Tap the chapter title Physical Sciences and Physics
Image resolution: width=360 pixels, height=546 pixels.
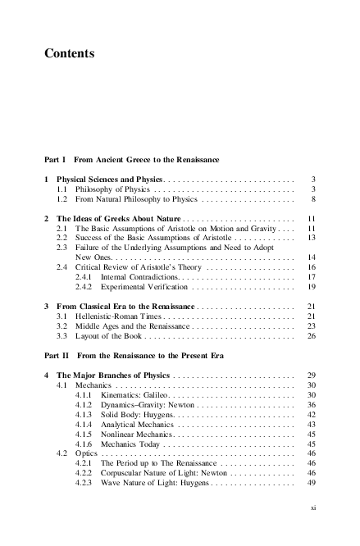(110, 178)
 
